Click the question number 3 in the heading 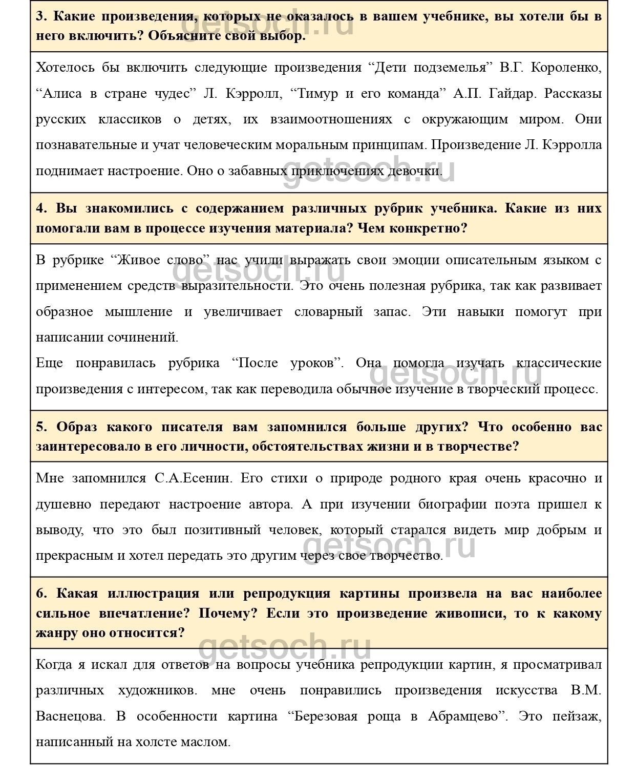click(x=41, y=16)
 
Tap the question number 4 click(x=41, y=208)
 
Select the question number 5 click(x=41, y=427)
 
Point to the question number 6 click(x=41, y=594)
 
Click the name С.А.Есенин click(x=194, y=478)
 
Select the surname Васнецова click(x=70, y=716)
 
